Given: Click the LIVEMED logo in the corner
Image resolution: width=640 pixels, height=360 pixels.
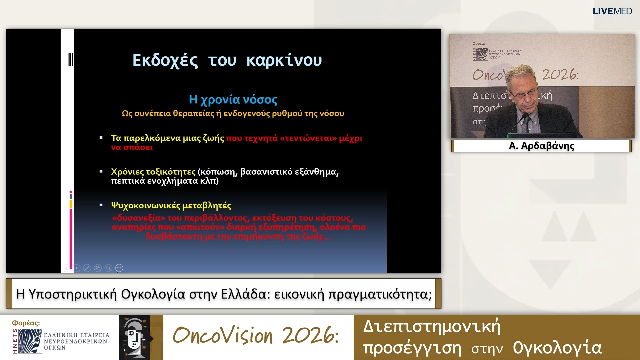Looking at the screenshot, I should (612, 11).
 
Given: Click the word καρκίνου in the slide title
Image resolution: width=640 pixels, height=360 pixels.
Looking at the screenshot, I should (284, 61).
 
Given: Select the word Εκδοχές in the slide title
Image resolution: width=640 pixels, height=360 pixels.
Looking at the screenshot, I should (165, 61).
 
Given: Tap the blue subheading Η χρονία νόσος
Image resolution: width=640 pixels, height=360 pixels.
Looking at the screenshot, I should (233, 99).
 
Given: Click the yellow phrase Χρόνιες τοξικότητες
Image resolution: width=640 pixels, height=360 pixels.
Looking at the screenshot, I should (153, 172).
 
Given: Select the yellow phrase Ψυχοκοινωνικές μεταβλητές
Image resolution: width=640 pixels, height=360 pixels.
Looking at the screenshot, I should (171, 206).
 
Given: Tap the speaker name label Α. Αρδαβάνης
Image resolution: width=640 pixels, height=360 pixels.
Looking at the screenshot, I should (541, 146).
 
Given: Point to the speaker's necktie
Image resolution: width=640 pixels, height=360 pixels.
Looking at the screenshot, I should (526, 125).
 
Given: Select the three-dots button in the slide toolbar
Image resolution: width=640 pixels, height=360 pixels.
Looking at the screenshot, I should (119, 268).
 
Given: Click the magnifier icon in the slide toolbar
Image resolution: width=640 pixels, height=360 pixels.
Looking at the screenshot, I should (108, 268).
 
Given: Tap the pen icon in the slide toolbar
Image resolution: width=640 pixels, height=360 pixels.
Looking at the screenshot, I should (87, 268).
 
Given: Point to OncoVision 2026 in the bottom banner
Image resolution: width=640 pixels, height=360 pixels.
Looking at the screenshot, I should (255, 335).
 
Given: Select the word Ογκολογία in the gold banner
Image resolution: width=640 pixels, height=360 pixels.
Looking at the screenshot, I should (557, 348).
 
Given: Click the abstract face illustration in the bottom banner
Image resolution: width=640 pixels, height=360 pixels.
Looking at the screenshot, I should (134, 337).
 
